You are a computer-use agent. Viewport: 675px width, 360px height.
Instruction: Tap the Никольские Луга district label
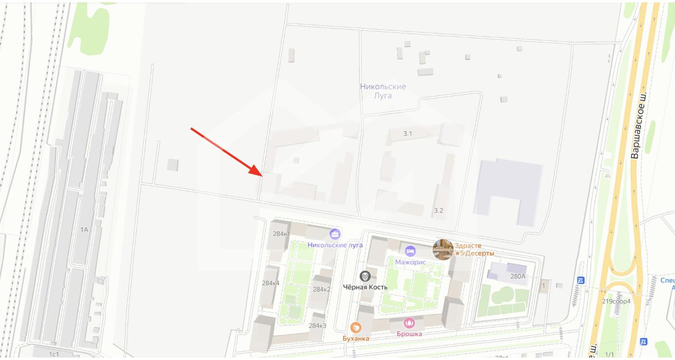(x=383, y=91)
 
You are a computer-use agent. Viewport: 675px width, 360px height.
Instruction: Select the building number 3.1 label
(x=407, y=133)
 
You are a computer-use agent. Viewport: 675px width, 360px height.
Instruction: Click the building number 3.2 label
(x=438, y=211)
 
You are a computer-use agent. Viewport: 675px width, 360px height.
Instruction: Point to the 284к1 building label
(x=281, y=234)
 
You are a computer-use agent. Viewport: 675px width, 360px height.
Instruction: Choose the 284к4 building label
(x=271, y=283)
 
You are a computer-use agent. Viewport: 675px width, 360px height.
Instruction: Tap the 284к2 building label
(x=321, y=289)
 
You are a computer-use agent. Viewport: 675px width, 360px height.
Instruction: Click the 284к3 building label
(x=317, y=326)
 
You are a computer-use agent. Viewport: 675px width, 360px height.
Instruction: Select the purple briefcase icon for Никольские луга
(x=335, y=234)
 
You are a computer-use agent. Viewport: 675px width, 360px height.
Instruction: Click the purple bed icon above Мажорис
(x=410, y=251)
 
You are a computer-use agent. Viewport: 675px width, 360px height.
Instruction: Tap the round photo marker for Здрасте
(x=443, y=250)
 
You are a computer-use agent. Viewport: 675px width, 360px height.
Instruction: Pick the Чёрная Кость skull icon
(x=365, y=276)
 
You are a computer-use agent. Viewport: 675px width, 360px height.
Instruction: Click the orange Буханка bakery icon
(x=356, y=327)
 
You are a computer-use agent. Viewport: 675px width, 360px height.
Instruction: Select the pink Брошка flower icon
(x=409, y=323)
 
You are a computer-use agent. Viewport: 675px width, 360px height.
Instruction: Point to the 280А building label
(x=518, y=276)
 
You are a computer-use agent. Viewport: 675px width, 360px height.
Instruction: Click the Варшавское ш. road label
(x=638, y=125)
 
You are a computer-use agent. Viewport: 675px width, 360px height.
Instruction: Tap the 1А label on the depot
(x=84, y=229)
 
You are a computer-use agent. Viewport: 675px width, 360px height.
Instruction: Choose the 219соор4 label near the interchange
(x=616, y=301)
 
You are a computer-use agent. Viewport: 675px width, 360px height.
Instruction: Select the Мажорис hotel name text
(x=410, y=262)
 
